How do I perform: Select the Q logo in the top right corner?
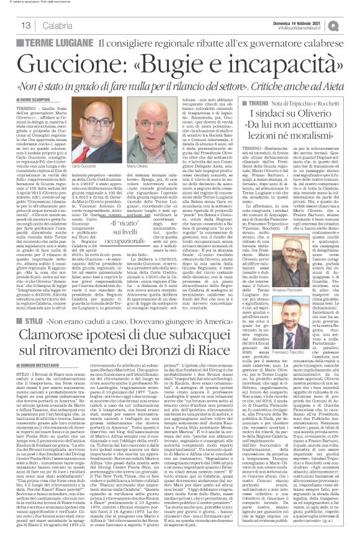(x=348, y=23)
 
